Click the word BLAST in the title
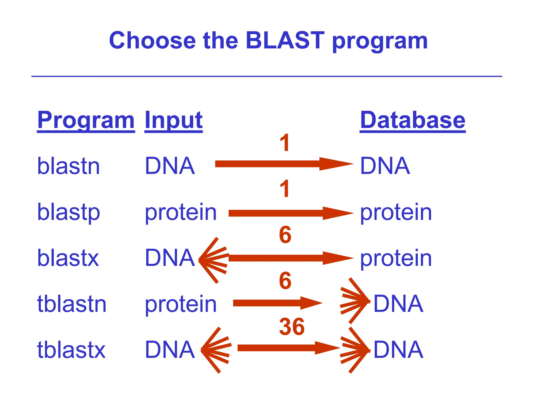coord(285,41)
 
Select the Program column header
coord(86,120)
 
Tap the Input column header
coord(173,120)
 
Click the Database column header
coord(412,120)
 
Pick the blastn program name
coord(69,166)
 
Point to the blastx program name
coord(68,258)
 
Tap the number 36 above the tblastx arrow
coord(292,327)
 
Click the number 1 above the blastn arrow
coord(285,143)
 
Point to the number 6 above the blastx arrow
coord(285,235)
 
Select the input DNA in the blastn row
coord(170,166)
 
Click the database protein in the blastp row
coord(396,213)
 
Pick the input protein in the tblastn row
coord(181,304)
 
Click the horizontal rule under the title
coord(266,76)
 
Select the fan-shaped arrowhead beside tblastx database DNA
coord(355,350)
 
